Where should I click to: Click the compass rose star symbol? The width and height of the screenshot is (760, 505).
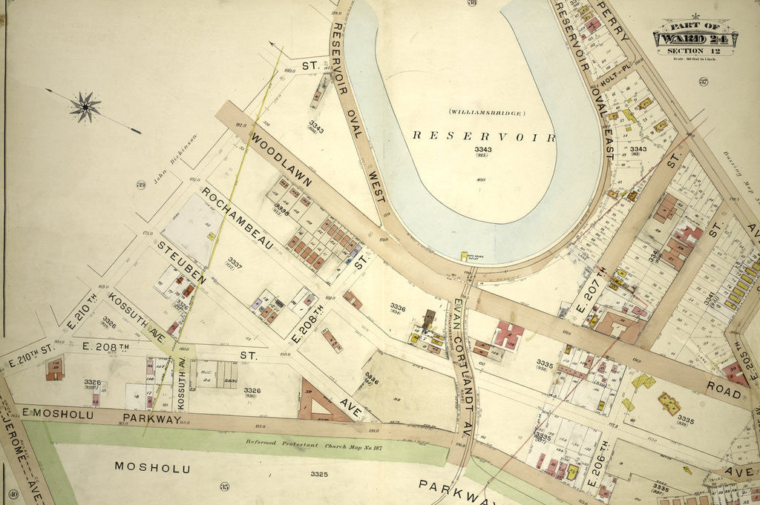(86, 107)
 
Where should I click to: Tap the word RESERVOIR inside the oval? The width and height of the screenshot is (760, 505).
(484, 136)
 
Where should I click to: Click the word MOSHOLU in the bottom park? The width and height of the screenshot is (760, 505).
(152, 468)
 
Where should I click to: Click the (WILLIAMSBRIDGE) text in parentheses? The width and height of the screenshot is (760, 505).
(486, 113)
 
